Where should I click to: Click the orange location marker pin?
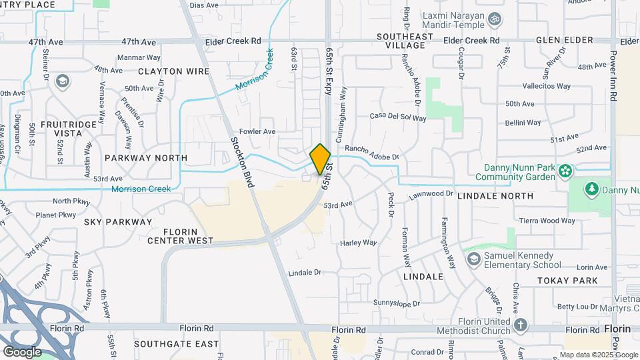click(320, 159)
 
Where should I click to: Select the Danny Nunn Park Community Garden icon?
click(565, 171)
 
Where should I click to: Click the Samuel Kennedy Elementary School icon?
click(473, 256)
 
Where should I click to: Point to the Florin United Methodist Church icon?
click(521, 325)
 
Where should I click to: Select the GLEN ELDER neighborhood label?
click(564, 41)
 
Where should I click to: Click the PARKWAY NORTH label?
click(146, 158)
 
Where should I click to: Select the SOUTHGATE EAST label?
click(176, 344)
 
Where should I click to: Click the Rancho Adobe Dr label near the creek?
click(371, 153)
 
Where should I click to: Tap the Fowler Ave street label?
click(257, 132)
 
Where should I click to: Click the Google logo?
click(21, 351)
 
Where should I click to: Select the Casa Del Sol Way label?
click(398, 117)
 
